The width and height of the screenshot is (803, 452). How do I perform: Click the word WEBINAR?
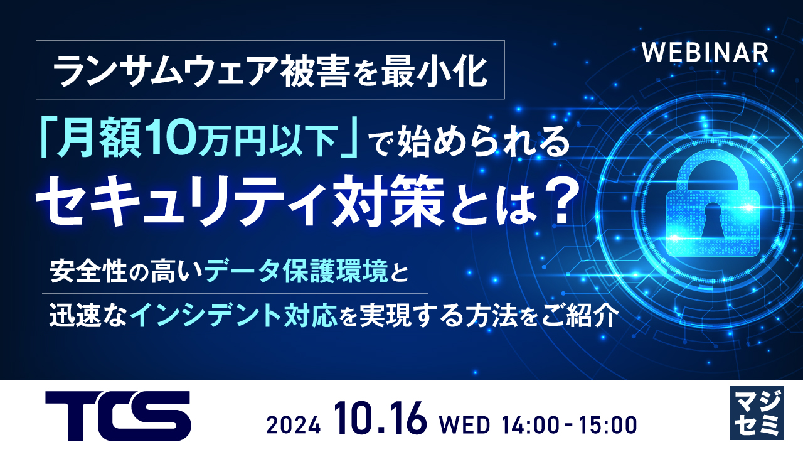coord(705,53)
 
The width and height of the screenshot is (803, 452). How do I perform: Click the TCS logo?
coord(118,416)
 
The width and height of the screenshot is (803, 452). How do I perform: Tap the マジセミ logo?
coord(757,413)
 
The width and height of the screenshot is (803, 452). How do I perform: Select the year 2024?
coord(293,426)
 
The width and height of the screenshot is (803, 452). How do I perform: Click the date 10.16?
coord(380,419)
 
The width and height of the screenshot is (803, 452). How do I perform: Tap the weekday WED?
coord(465,426)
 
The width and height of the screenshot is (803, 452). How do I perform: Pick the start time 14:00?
coord(530,426)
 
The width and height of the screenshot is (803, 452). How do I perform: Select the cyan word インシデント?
coord(206,315)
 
